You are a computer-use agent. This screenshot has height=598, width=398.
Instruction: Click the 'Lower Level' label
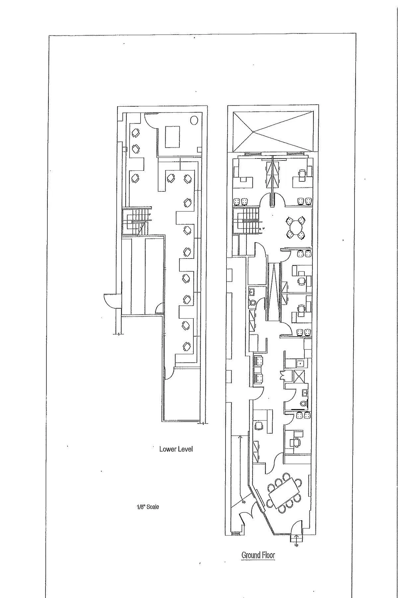click(176, 449)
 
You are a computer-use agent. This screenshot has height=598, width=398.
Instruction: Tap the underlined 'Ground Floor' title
click(258, 555)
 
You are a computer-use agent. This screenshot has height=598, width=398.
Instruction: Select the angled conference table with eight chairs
click(285, 493)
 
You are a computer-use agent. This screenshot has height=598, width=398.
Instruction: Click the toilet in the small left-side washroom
click(252, 303)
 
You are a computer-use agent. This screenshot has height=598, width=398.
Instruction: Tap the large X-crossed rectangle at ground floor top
click(273, 132)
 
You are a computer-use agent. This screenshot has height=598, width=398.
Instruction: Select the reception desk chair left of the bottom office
click(258, 426)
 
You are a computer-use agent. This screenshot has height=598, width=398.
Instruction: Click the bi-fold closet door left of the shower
click(282, 375)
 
